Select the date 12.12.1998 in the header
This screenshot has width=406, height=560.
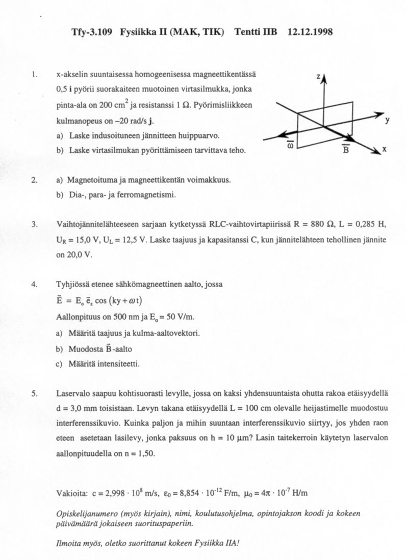pyautogui.click(x=310, y=32)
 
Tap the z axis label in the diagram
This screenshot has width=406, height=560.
pyautogui.click(x=318, y=77)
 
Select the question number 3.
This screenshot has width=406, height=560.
pyautogui.click(x=34, y=224)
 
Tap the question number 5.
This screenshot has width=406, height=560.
pyautogui.click(x=34, y=393)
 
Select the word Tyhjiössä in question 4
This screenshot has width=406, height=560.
pyautogui.click(x=72, y=284)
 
